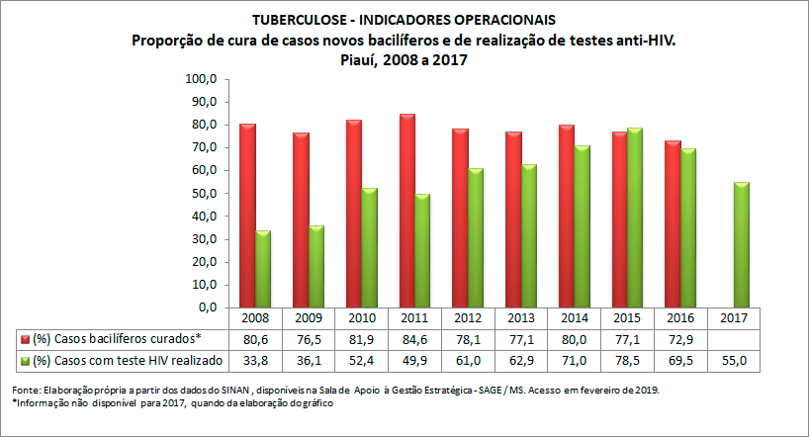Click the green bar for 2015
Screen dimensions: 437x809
tap(635, 218)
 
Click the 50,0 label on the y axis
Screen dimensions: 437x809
tap(204, 194)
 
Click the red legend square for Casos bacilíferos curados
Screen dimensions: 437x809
tap(24, 339)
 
